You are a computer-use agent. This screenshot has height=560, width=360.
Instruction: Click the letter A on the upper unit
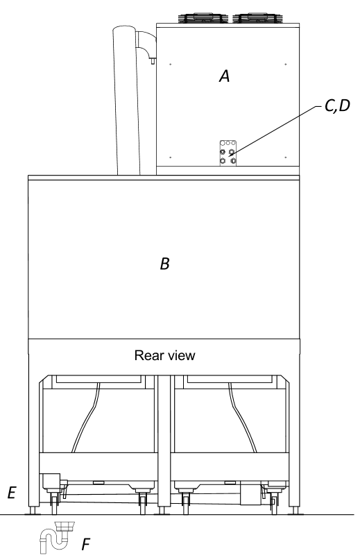224,76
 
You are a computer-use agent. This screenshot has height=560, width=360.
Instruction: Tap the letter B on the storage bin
164,264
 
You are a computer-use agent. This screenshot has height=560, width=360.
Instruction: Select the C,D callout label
338,106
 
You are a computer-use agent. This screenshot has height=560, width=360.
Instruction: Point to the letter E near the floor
12,493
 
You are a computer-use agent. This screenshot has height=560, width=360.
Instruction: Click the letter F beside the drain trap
85,545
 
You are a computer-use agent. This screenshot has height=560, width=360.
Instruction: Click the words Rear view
164,355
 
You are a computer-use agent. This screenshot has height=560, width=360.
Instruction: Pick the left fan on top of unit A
204,18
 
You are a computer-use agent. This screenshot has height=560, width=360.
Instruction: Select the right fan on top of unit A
258,18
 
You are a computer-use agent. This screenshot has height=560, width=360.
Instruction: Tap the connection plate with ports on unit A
228,153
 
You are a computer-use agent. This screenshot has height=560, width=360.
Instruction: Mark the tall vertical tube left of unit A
126,100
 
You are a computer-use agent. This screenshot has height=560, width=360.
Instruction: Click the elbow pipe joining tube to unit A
146,43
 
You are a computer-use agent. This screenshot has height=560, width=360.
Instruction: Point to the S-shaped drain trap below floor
53,541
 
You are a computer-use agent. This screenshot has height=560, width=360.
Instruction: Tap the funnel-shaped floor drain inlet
65,527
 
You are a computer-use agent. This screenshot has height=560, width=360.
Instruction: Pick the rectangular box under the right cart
250,493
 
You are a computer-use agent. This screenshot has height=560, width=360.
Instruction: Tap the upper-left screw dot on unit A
171,65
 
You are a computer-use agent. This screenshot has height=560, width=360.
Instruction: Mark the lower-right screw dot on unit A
285,157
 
